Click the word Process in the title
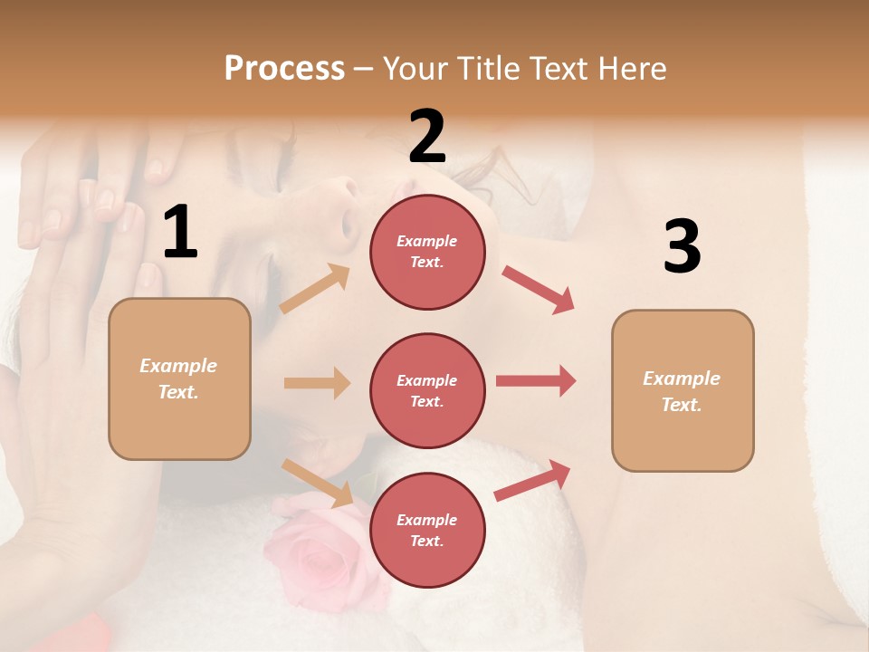284,68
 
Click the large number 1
180,233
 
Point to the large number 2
427,137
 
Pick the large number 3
682,246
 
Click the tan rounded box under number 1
179,379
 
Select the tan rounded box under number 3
683,391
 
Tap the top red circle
427,252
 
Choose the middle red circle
427,390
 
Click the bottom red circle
427,530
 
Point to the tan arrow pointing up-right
316,288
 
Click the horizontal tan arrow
317,383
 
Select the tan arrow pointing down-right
318,483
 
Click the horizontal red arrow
536,381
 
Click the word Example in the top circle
426,241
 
